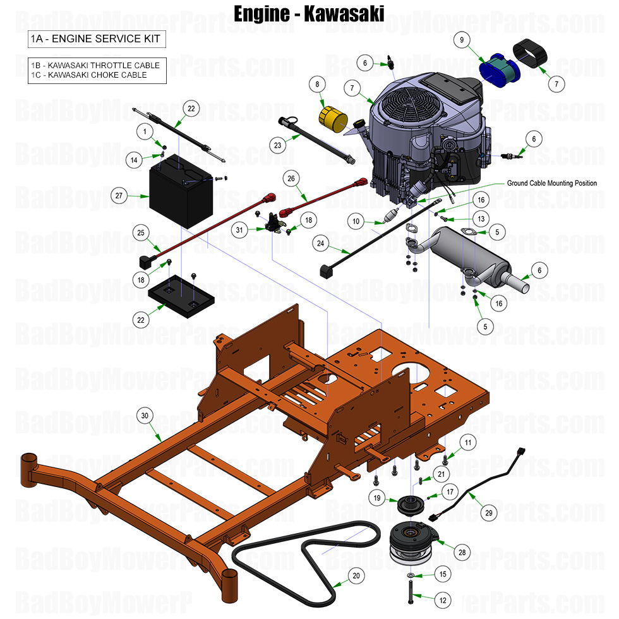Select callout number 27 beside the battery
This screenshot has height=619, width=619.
pyautogui.click(x=118, y=196)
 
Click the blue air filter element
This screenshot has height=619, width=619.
pyautogui.click(x=499, y=69)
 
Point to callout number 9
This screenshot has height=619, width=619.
pyautogui.click(x=462, y=40)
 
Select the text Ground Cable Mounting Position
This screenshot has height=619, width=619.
pyautogui.click(x=551, y=183)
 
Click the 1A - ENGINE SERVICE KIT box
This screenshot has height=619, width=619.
pyautogui.click(x=96, y=39)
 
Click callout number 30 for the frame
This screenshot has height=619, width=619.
pyautogui.click(x=145, y=416)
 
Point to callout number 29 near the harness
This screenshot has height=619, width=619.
pyautogui.click(x=488, y=514)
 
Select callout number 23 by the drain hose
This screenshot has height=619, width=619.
pyautogui.click(x=276, y=145)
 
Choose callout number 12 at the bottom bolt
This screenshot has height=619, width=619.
pyautogui.click(x=442, y=601)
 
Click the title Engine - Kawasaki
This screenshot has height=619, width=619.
pyautogui.click(x=309, y=13)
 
